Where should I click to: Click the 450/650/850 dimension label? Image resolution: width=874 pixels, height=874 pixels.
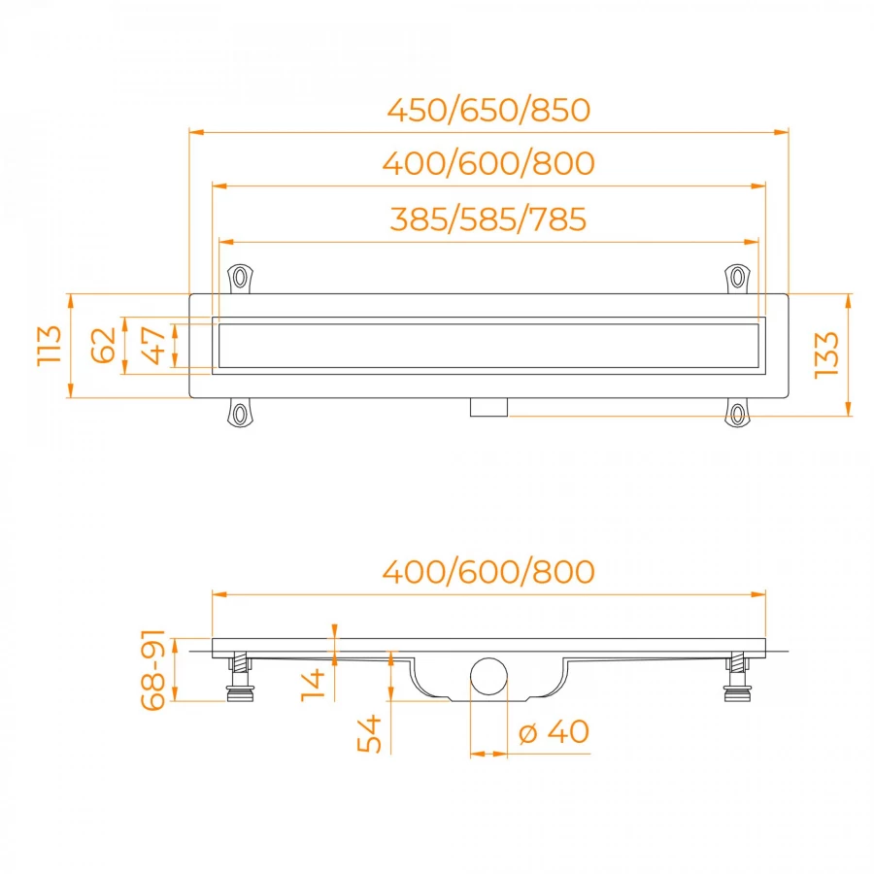coord(488,110)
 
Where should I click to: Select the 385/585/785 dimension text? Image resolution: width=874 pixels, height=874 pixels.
coord(488,219)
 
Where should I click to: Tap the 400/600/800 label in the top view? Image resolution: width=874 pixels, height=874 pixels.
coord(488,163)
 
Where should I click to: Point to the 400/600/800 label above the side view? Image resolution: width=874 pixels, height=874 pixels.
coord(488,572)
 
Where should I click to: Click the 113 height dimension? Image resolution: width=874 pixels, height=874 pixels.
coord(50,346)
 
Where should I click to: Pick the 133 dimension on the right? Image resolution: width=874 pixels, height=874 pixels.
coord(826,355)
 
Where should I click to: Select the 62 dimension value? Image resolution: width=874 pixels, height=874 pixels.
coord(104,346)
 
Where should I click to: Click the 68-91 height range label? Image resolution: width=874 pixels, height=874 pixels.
coord(152,670)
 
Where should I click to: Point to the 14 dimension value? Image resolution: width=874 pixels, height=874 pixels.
coord(313,685)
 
